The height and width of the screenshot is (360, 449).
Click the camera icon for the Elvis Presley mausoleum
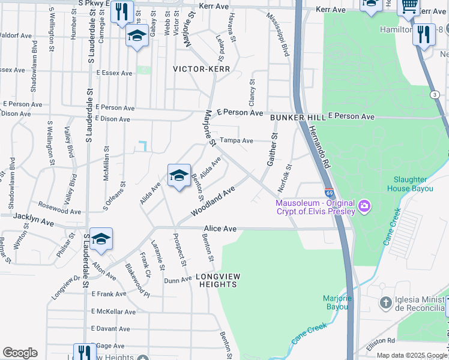click(x=364, y=208)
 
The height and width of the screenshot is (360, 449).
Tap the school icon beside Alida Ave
click(x=179, y=175)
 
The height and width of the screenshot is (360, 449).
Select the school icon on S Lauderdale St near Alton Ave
click(x=101, y=239)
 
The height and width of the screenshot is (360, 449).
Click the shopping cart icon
click(x=409, y=5)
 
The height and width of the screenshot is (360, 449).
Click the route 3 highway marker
click(x=434, y=95)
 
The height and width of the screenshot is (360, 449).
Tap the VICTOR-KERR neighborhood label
click(x=197, y=69)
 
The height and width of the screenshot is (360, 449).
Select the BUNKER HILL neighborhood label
click(x=297, y=118)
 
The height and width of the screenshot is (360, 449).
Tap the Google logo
click(x=20, y=353)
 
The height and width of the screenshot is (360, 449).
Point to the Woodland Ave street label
click(x=212, y=202)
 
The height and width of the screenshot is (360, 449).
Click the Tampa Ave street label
click(x=236, y=140)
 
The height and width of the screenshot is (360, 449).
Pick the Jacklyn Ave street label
click(x=35, y=221)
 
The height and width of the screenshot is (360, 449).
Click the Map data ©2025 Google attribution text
click(x=411, y=355)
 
